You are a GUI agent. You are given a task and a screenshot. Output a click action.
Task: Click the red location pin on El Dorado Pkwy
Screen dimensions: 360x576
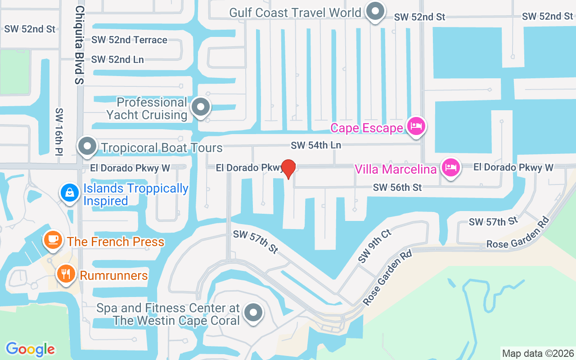pyautogui.click(x=288, y=169)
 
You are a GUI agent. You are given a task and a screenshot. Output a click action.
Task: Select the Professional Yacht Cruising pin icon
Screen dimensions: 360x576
pyautogui.click(x=201, y=108)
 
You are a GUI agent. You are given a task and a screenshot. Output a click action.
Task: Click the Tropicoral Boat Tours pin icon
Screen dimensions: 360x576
pyautogui.click(x=87, y=147)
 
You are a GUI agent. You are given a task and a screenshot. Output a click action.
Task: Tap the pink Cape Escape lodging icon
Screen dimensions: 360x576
pyautogui.click(x=416, y=126)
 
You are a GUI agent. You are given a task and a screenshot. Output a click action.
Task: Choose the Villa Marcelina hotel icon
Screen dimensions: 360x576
pyautogui.click(x=450, y=168)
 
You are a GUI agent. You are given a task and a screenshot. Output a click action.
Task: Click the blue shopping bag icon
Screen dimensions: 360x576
pyautogui.click(x=70, y=193)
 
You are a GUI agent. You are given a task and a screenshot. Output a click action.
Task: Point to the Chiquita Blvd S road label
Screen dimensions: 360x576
pyautogui.click(x=80, y=45)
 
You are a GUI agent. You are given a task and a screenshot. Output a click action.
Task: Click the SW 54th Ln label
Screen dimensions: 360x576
pyautogui.click(x=316, y=145)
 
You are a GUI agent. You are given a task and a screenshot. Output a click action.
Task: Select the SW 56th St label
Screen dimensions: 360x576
pyautogui.click(x=397, y=187)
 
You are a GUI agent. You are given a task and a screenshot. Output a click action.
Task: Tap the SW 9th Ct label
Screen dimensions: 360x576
pyautogui.click(x=374, y=246)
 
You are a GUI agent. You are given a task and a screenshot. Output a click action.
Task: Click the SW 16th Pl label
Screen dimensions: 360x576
pyautogui.click(x=59, y=132)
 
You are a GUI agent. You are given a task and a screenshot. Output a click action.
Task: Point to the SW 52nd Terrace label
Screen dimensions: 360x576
pyautogui.click(x=129, y=40)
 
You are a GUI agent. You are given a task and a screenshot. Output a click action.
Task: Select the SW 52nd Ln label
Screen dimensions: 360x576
pyautogui.click(x=117, y=59)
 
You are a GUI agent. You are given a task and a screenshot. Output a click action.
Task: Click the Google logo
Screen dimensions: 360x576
pyautogui.click(x=30, y=349)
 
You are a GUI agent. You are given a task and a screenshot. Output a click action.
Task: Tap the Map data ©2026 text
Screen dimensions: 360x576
pyautogui.click(x=538, y=353)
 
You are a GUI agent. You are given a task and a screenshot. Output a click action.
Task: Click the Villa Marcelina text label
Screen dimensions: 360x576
pyautogui.click(x=396, y=169)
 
